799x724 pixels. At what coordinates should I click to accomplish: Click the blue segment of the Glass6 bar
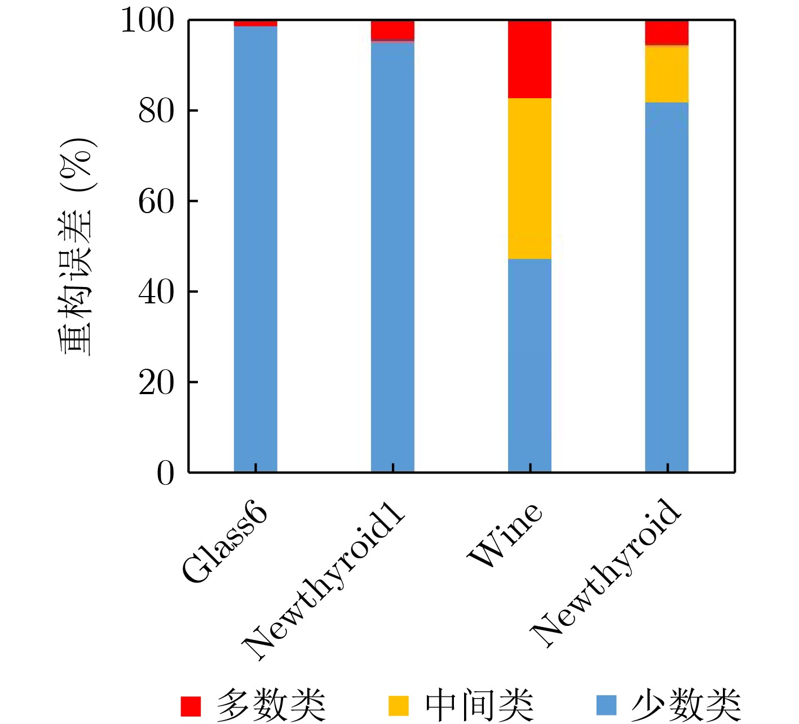(x=255, y=248)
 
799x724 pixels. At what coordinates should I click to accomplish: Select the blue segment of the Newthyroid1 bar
(x=392, y=257)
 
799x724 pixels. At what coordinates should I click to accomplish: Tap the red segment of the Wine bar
(x=529, y=59)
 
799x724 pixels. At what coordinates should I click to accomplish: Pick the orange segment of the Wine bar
(x=529, y=178)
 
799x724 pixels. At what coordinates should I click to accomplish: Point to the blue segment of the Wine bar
(x=529, y=365)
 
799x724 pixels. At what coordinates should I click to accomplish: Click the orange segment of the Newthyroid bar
(x=666, y=73)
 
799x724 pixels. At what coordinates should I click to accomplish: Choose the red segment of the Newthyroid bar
(x=666, y=32)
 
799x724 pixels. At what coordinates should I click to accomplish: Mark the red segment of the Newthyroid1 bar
(x=392, y=30)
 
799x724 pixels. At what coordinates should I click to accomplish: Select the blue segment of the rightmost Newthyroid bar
(x=666, y=286)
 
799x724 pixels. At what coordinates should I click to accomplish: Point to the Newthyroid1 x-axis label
(x=324, y=586)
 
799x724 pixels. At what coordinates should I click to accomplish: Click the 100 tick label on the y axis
(x=148, y=21)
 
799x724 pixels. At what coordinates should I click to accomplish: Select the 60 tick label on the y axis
(x=156, y=201)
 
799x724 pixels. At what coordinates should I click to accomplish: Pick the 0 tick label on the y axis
(x=165, y=473)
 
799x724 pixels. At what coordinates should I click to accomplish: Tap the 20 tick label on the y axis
(x=156, y=383)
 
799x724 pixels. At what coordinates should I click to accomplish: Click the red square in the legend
(x=191, y=705)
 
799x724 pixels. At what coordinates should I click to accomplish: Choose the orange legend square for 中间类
(x=399, y=705)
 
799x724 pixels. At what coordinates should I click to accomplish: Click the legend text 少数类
(x=685, y=705)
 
